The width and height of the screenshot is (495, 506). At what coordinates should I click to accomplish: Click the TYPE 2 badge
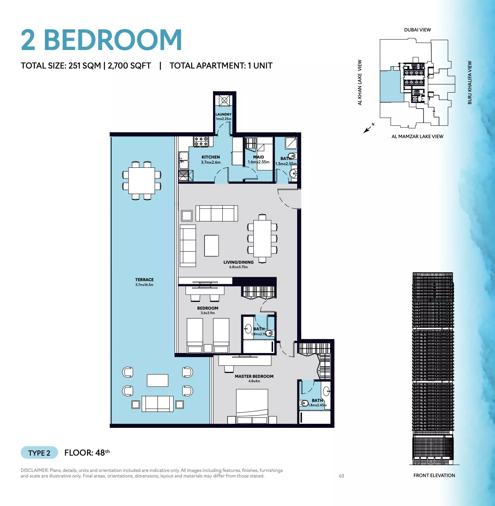click(39, 453)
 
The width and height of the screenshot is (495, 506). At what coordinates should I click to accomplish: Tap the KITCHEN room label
click(211, 157)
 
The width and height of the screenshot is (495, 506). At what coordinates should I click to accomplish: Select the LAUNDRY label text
click(223, 114)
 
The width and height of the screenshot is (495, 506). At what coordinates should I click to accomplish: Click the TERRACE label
click(144, 280)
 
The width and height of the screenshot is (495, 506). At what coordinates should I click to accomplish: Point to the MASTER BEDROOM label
click(254, 376)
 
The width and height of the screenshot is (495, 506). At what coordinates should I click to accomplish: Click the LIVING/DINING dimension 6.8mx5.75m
click(239, 267)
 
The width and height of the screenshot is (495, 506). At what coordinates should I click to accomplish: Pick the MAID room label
click(259, 157)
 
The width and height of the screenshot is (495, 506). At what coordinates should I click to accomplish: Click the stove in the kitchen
click(201, 142)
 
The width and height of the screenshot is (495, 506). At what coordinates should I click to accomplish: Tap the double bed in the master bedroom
click(252, 406)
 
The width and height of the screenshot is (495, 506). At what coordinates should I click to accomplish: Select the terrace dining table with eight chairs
click(142, 181)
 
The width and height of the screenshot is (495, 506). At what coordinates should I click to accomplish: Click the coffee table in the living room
click(212, 246)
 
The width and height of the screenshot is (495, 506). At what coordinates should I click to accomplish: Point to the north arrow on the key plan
click(367, 129)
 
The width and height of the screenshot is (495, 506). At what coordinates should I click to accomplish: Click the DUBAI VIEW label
click(418, 30)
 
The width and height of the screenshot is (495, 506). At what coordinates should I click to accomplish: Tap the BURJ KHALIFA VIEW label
click(470, 83)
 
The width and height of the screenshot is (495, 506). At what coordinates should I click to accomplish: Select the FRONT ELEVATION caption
click(434, 475)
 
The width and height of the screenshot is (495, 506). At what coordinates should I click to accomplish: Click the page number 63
click(342, 476)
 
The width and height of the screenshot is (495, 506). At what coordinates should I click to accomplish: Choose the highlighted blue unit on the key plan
click(392, 86)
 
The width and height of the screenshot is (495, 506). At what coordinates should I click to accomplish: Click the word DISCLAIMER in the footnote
click(34, 470)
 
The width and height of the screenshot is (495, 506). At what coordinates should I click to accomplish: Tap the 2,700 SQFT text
click(129, 66)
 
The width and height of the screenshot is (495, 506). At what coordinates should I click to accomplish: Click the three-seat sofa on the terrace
click(157, 404)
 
